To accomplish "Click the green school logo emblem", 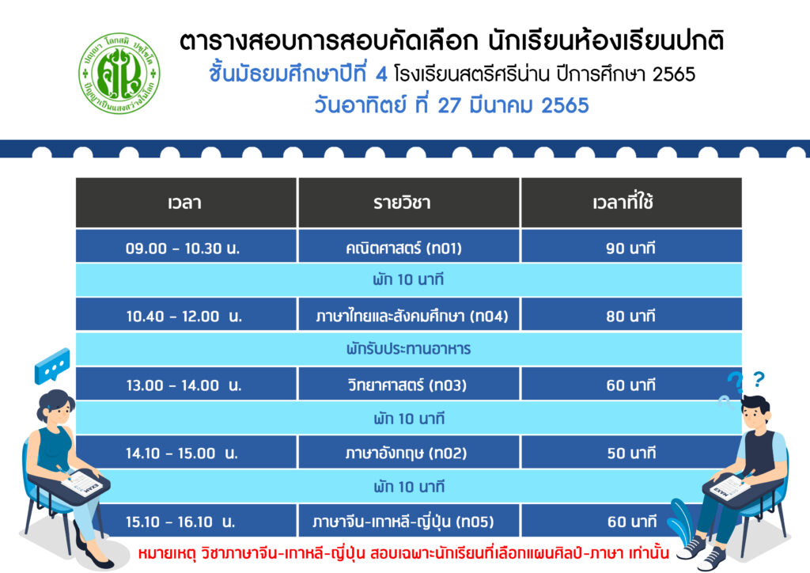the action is tap(119, 74).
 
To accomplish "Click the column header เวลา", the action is tap(184, 203).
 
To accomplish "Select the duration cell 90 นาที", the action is tap(630, 249).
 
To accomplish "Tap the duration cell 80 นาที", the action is tap(630, 317).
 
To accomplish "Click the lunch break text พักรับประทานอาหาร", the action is tap(409, 349).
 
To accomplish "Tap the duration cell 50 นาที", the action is tap(631, 453).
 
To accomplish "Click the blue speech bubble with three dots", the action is tap(52, 366).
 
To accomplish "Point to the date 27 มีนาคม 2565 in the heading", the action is tap(513, 105).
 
